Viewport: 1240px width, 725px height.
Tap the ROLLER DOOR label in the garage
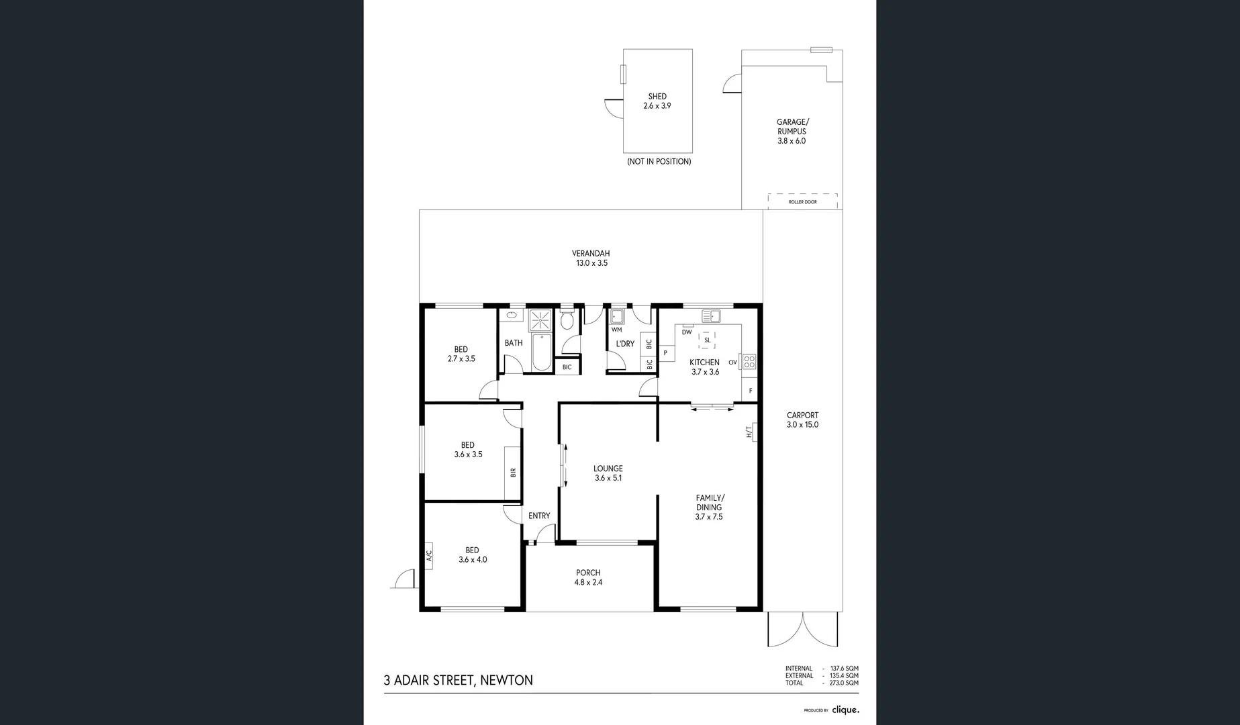(802, 201)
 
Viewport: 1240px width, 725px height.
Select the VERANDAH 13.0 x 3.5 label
(591, 258)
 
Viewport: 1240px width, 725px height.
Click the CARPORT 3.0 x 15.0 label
(802, 420)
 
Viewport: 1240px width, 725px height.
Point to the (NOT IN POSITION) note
(659, 162)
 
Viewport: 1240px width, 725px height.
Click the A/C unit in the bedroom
(429, 555)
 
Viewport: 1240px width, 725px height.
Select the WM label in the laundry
(616, 330)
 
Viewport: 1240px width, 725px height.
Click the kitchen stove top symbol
(749, 362)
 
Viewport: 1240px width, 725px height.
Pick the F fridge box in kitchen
(750, 390)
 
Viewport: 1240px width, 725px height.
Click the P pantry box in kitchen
(666, 352)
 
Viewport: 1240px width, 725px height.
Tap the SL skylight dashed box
(707, 340)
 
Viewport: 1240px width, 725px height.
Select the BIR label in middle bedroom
(513, 473)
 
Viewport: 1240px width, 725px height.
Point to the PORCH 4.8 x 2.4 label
(588, 577)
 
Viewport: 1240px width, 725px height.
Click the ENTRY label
(539, 516)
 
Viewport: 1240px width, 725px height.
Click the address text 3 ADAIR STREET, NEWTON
(458, 680)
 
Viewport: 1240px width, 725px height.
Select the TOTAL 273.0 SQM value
(844, 683)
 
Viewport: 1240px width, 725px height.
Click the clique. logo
(845, 710)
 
